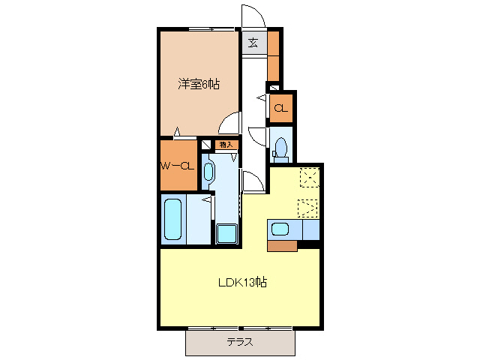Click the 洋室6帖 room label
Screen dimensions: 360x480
(x=199, y=85)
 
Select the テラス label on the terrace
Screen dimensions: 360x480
(x=240, y=342)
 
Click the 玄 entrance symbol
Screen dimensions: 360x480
(x=253, y=43)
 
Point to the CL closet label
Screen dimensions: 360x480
(x=280, y=109)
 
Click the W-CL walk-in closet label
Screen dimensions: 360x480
(x=177, y=166)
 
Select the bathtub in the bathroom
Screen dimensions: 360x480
(x=174, y=219)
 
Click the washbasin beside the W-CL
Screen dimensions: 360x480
(x=208, y=171)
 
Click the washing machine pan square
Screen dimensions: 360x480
(x=226, y=234)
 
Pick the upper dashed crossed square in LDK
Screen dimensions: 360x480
(x=308, y=177)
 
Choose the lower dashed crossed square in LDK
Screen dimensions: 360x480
(x=307, y=207)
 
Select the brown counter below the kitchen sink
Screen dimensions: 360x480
(x=283, y=245)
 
